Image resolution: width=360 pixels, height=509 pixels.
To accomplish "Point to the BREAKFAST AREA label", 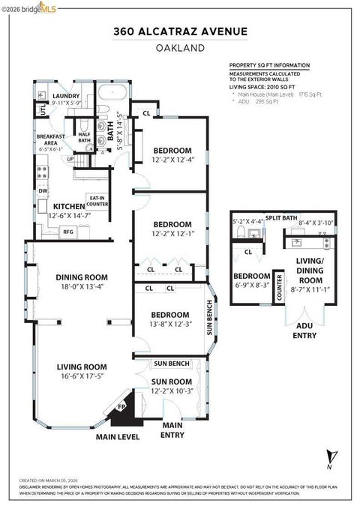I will pos(51,138).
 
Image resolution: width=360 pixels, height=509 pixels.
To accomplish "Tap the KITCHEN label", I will pos(69,205).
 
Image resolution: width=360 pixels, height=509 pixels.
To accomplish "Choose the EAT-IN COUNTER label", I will pos(98,200).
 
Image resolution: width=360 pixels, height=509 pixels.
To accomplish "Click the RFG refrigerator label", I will pos(67,232).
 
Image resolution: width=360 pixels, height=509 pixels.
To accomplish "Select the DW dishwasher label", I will pos(43,190).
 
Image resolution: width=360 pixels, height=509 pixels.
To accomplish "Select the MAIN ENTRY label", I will pos(172,430).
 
